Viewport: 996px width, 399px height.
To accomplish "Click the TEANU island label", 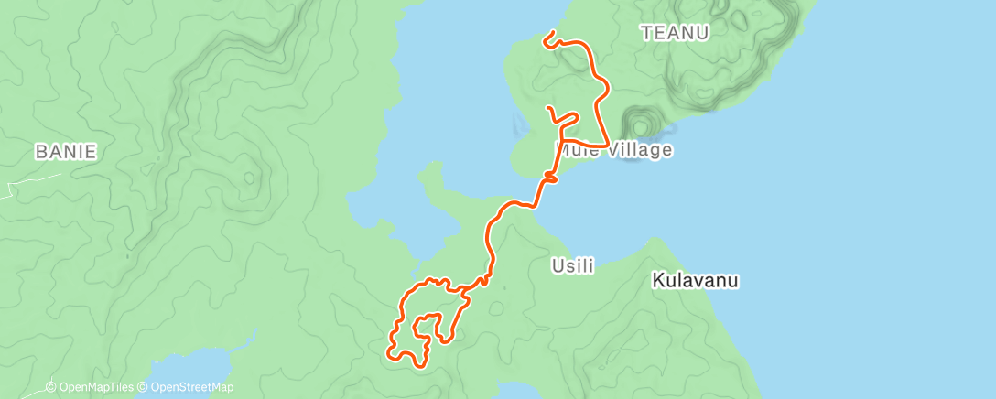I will pos(676,33).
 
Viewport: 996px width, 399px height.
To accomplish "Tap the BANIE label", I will pos(65,152).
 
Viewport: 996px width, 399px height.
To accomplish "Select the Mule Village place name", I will pos(614,150).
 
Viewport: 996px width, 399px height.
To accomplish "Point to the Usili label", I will pos(573,266).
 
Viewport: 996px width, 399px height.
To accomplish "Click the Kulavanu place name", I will pos(696,280).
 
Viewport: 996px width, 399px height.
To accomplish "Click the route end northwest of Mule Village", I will pos(548,108).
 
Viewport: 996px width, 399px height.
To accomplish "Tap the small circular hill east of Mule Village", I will pos(642,122).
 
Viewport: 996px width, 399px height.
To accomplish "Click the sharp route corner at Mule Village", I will pos(609,145).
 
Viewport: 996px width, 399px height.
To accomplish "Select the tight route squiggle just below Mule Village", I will pos(549,176).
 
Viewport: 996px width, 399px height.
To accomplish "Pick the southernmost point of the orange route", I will pos(422,366).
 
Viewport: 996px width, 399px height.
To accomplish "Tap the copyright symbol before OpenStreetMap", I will pos(143,387).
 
